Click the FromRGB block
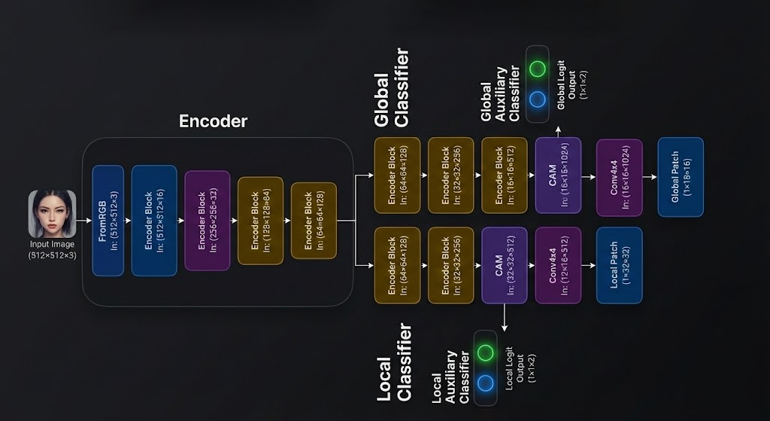[x=108, y=220]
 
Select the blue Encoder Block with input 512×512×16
[x=154, y=220]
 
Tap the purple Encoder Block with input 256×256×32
[x=207, y=220]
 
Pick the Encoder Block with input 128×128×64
[x=260, y=220]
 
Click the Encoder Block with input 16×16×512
[x=504, y=175]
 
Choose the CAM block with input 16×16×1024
[x=558, y=175]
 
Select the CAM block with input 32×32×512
[x=504, y=264]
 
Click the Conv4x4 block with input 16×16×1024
[x=619, y=175]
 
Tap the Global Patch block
[x=680, y=175]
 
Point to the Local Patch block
[x=619, y=264]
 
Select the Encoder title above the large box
[x=213, y=121]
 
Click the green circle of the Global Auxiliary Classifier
[x=537, y=69]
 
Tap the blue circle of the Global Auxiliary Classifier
[x=537, y=99]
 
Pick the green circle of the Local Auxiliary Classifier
[x=485, y=352]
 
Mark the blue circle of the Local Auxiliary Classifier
[x=485, y=383]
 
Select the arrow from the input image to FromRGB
[x=83, y=221]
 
